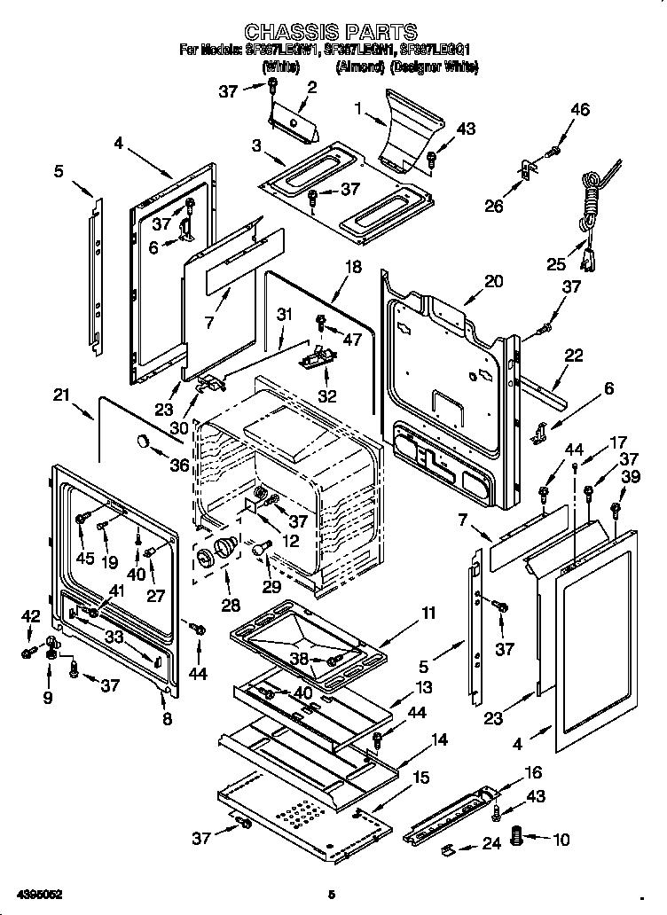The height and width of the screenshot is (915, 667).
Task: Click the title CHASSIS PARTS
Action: tap(330, 34)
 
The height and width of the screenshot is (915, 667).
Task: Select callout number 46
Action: tap(579, 110)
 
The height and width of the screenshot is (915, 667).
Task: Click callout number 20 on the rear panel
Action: tap(493, 282)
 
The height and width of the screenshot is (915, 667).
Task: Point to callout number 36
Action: tap(180, 465)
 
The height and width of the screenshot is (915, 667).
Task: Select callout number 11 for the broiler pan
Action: tap(428, 613)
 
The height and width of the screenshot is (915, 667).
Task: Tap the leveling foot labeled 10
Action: tap(520, 835)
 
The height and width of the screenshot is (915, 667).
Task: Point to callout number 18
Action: tap(352, 267)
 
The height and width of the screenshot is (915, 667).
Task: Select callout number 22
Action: tap(573, 356)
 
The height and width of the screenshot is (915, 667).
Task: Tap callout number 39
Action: tap(631, 478)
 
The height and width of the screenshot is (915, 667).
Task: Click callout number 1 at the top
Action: tap(358, 110)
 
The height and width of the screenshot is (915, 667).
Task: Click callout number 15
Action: tap(420, 778)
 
